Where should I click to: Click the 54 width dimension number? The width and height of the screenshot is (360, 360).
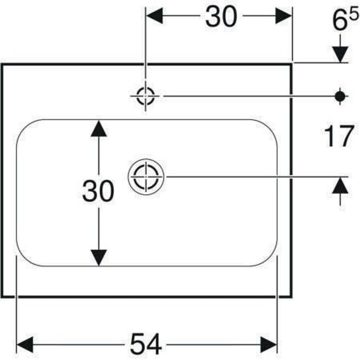point(146,344)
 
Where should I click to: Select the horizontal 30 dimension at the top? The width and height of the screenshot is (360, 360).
point(221,16)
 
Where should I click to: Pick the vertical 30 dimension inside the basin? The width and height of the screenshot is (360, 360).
point(98,191)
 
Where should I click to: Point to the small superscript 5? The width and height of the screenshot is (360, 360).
point(354,15)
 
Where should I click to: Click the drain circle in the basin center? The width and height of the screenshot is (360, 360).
point(146,176)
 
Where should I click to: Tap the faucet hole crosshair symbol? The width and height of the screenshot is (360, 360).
point(146,96)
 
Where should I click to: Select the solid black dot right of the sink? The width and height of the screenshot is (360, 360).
point(340,96)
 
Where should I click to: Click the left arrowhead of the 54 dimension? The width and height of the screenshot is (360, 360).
point(25,345)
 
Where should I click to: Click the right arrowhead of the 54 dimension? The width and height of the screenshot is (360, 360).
point(268,345)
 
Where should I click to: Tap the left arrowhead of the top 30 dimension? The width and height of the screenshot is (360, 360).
point(155,16)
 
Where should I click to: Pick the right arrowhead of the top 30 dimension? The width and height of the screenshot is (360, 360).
point(284,16)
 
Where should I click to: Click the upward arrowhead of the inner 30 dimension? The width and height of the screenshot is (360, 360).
point(99,128)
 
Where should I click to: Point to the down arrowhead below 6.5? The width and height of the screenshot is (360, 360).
point(340,54)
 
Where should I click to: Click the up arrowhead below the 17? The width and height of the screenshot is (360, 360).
point(340,185)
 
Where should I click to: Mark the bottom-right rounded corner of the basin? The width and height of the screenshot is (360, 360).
point(269,258)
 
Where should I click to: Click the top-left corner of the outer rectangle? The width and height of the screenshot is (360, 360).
point(2,64)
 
